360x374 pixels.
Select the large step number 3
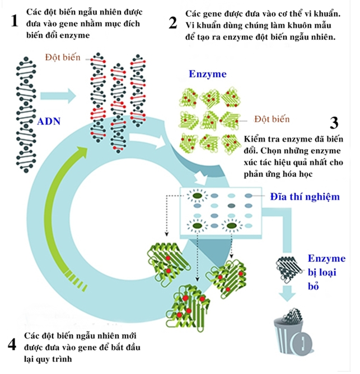tap(335, 124)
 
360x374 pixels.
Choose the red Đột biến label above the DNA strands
tap(63, 58)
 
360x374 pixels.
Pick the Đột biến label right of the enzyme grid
tap(272, 119)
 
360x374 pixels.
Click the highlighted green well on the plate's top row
tap(196, 196)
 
